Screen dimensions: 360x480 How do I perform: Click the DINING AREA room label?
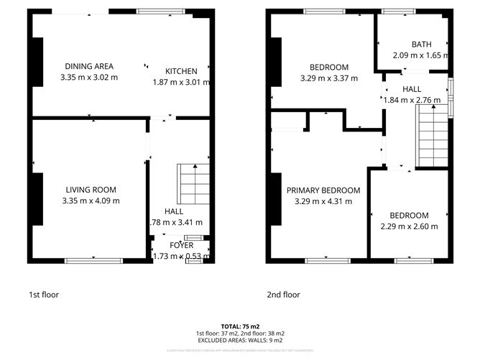[x=89, y=66]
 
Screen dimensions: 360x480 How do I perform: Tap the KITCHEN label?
[x=181, y=71]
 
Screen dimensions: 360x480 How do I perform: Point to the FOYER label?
[x=182, y=246]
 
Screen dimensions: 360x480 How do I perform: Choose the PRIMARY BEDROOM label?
[x=323, y=190]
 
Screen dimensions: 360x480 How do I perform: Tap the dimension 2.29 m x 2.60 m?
[x=409, y=226]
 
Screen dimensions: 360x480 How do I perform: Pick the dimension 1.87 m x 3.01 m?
[x=181, y=82]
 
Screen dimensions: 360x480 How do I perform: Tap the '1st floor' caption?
[x=43, y=295]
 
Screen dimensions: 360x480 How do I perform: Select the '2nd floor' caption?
[x=283, y=295]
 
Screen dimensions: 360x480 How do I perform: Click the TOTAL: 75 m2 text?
[x=240, y=326]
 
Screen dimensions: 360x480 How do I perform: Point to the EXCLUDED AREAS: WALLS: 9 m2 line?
[x=240, y=341]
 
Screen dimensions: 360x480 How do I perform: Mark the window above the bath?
[x=394, y=11]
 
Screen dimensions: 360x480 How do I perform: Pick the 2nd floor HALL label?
[x=412, y=89]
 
